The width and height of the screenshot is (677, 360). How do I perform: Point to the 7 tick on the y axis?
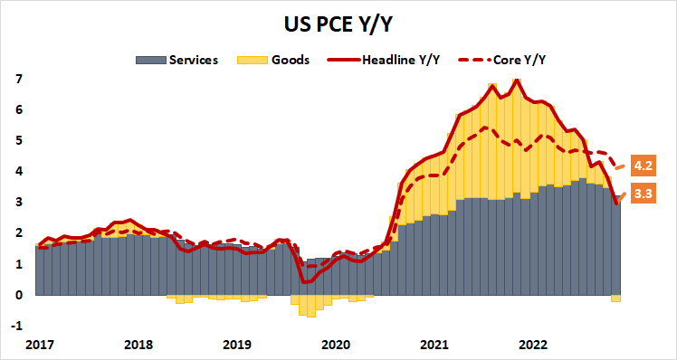[x=18, y=79]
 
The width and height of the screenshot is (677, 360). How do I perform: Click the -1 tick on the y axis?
[x=16, y=326]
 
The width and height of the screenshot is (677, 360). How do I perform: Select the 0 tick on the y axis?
[x=18, y=295]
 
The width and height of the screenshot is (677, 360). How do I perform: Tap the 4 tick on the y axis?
[x=18, y=171]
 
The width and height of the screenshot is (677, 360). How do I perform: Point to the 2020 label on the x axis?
[x=336, y=345]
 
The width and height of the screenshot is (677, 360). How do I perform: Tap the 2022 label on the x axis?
[x=534, y=345]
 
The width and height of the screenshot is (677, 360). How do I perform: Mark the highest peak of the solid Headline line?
[x=516, y=81]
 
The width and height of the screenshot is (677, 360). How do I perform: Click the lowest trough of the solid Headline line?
[x=304, y=281]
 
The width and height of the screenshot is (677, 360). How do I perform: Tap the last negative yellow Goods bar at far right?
[x=616, y=298]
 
